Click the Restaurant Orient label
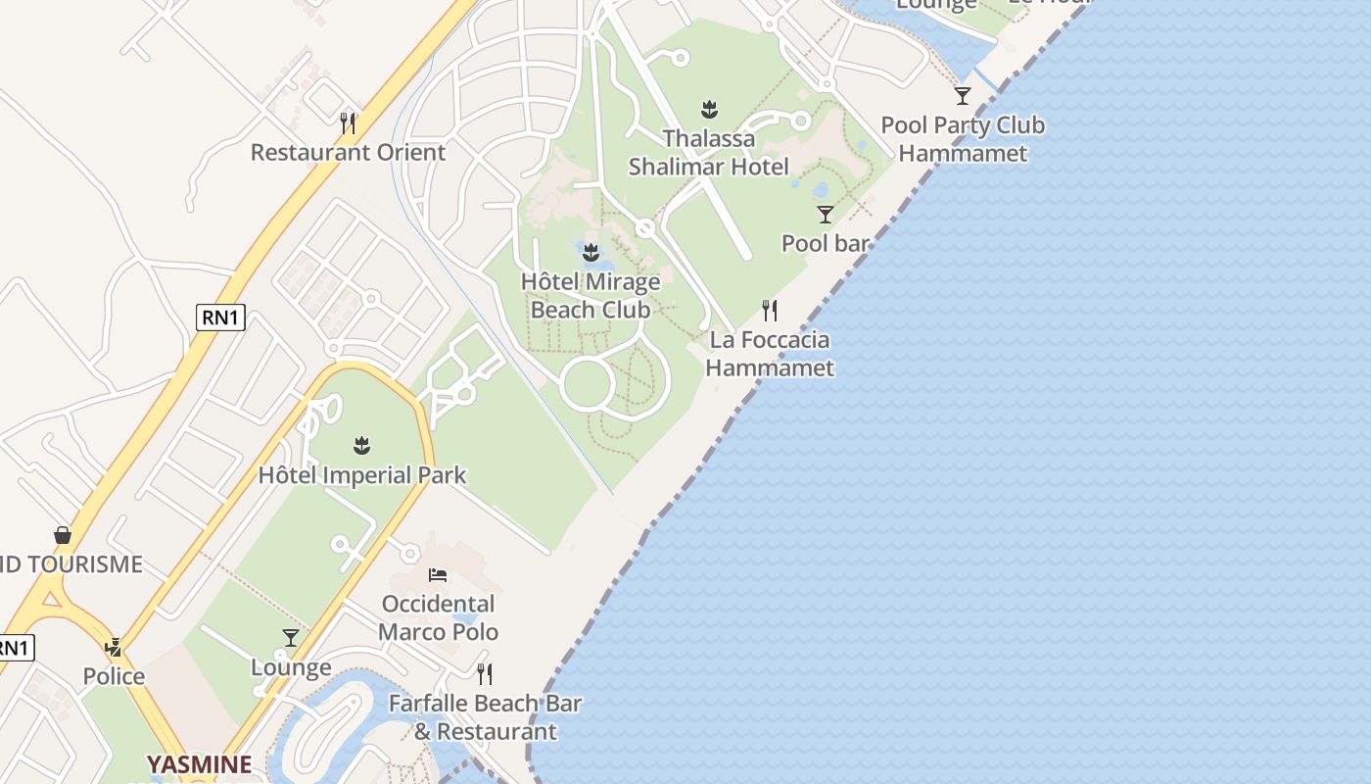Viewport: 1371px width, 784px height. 348,153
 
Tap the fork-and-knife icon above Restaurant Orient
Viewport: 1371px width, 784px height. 348,122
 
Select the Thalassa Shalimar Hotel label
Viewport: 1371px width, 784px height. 708,153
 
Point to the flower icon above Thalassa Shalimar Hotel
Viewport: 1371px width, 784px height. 709,108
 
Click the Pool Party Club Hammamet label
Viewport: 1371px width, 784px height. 963,139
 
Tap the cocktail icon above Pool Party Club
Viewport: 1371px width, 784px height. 963,95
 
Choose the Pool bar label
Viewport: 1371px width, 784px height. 825,243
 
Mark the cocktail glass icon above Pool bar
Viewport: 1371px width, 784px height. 826,214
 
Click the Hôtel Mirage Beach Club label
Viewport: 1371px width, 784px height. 591,296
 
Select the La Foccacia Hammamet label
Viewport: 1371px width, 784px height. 770,354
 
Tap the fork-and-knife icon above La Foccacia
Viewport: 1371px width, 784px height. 770,311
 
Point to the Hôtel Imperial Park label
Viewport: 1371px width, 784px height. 362,476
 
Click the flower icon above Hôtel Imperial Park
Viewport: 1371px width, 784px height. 362,446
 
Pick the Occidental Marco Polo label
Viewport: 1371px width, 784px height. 438,617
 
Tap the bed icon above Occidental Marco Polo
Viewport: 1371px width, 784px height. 438,574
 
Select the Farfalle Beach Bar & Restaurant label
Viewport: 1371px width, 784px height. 485,717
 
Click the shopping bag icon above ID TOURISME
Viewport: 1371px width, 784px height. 63,535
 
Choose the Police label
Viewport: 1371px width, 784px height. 114,676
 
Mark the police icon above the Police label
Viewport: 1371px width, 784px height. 114,647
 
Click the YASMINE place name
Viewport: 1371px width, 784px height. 199,764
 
